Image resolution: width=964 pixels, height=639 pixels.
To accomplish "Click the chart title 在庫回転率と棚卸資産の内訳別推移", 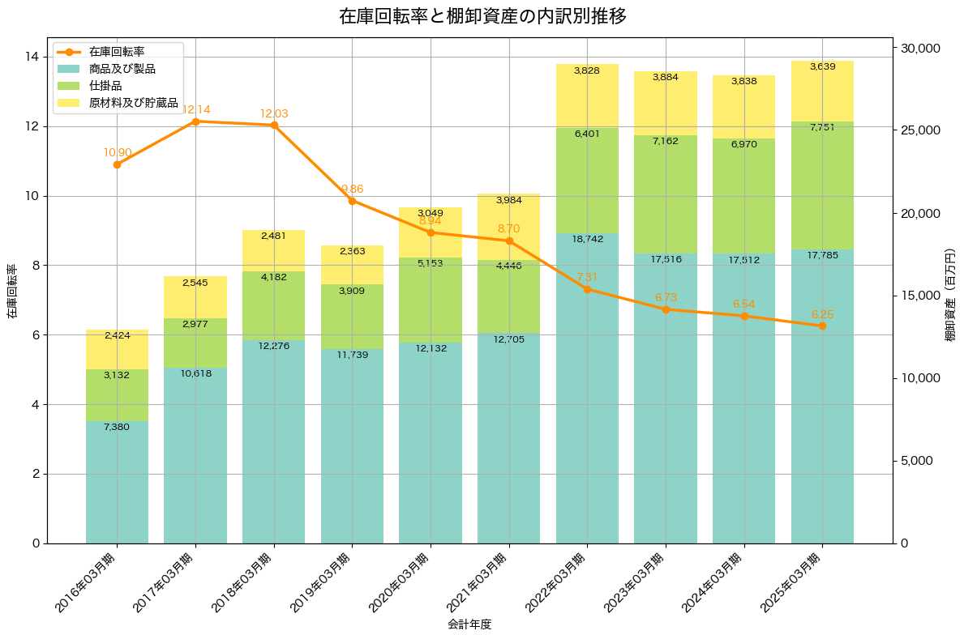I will click(x=482, y=16).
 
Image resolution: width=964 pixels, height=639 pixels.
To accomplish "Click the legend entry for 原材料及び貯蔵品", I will click(x=133, y=103).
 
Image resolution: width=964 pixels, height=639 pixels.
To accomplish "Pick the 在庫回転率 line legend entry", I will click(x=117, y=52).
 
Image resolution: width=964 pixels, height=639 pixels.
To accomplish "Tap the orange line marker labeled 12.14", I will click(x=195, y=121).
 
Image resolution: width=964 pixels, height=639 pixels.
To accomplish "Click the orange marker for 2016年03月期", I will click(x=117, y=164).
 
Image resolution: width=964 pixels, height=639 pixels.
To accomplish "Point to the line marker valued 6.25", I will click(x=822, y=326).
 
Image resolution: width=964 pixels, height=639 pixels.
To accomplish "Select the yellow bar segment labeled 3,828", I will click(x=587, y=96).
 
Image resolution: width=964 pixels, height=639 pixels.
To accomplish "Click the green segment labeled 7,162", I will click(x=666, y=194).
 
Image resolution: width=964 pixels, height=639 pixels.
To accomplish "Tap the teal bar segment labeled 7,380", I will click(x=117, y=482).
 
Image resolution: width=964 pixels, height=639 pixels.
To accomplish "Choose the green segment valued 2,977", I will click(x=195, y=343).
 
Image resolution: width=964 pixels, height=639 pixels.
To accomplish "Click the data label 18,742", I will click(x=587, y=240).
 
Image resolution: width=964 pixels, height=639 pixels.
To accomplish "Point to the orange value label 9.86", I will click(x=352, y=189).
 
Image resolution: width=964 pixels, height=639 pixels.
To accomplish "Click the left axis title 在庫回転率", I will click(x=11, y=291).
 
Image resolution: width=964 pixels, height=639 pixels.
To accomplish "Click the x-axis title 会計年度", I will click(x=469, y=624).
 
